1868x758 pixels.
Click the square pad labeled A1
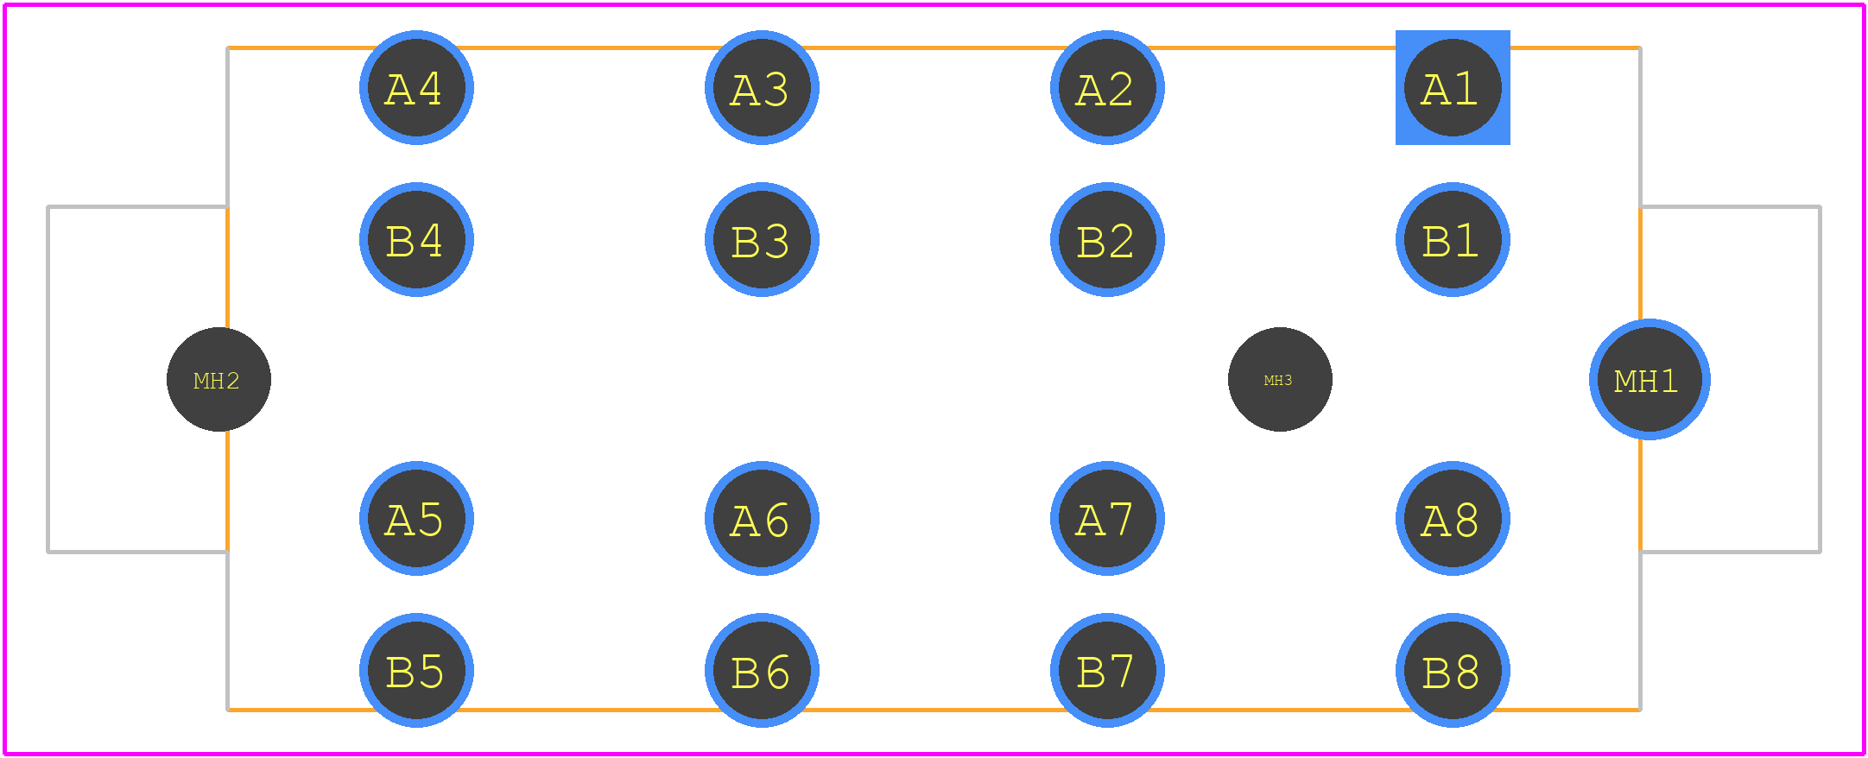[1453, 87]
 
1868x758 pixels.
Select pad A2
[1107, 87]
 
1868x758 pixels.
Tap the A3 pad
[762, 87]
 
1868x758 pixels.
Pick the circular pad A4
[416, 87]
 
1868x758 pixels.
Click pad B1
[1453, 239]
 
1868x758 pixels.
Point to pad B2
[1107, 239]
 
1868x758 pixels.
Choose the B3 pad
[762, 239]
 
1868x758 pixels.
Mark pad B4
[416, 239]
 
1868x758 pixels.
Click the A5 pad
[416, 518]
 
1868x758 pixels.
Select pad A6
[762, 518]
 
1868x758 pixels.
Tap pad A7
[1107, 518]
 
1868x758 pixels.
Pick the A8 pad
[1453, 518]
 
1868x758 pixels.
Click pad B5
[416, 670]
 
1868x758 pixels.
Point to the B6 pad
[762, 670]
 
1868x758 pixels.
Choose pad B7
[1107, 670]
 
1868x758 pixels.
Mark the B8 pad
[1453, 670]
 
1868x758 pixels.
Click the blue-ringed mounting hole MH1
[1650, 379]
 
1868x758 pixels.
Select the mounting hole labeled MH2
[218, 379]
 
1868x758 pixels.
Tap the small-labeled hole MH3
[1280, 379]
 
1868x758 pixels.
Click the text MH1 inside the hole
[1646, 381]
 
